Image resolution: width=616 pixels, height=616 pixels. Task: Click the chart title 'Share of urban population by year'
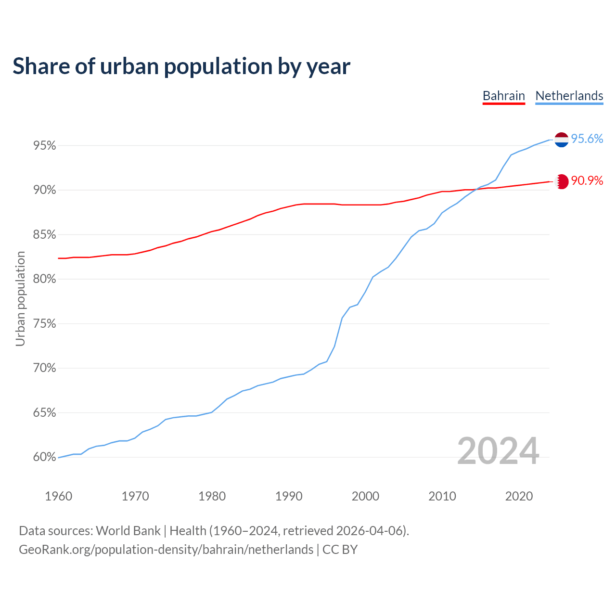[181, 66]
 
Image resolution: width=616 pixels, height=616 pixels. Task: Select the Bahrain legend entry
[503, 96]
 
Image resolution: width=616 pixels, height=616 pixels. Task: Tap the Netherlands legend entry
[569, 96]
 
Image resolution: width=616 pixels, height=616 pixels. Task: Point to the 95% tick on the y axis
[44, 145]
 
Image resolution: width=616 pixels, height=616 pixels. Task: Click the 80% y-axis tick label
[44, 279]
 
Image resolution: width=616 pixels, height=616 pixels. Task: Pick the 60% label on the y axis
[44, 457]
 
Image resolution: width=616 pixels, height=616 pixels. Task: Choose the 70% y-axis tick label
[44, 368]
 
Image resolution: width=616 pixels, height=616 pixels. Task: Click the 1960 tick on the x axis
[58, 496]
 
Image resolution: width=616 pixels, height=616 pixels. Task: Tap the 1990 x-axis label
[289, 496]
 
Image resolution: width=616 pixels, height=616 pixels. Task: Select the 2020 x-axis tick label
[519, 496]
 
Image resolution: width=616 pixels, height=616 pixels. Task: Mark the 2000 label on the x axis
[365, 496]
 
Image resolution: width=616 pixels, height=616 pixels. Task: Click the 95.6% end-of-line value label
[587, 139]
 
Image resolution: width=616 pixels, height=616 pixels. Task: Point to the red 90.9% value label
[587, 181]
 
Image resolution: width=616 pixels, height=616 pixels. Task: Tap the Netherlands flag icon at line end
[561, 140]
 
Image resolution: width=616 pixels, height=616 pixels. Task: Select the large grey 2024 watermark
[498, 451]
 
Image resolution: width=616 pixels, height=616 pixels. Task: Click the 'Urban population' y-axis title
[20, 298]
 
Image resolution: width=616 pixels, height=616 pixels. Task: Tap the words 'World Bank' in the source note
[128, 531]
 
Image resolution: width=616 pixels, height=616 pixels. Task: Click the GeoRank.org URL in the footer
[166, 550]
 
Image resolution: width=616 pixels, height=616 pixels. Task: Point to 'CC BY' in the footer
[340, 550]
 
